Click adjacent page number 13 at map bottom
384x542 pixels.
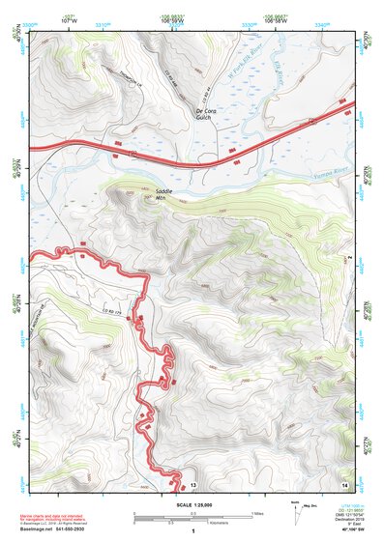coord(192,483)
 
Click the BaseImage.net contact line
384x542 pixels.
coord(60,529)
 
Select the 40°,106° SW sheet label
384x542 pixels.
coord(346,530)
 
